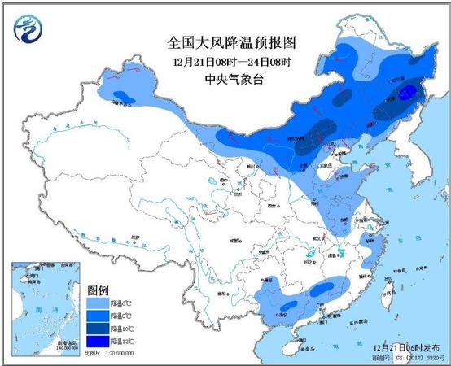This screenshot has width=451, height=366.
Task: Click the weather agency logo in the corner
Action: (26, 29)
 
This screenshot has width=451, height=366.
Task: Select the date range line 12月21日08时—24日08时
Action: (225, 62)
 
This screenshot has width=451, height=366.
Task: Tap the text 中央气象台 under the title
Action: (225, 79)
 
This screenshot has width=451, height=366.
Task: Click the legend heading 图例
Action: (99, 290)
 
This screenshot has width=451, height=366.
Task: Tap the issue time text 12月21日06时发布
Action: (410, 347)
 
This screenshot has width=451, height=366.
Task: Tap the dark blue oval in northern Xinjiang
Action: (124, 98)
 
